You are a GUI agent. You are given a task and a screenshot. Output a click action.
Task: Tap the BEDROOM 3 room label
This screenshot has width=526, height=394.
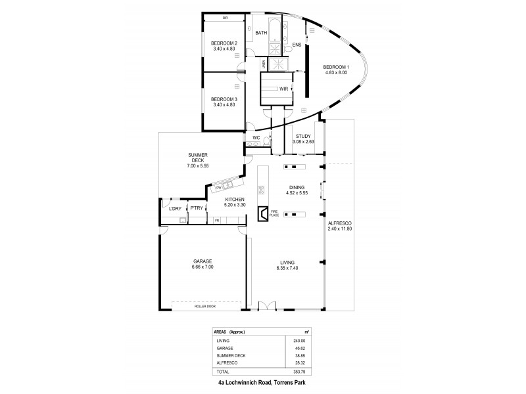click(224, 100)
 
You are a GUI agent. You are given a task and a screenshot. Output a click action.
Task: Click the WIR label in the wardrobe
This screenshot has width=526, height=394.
click(283, 88)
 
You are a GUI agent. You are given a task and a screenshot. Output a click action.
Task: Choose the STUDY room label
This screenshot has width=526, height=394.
click(302, 137)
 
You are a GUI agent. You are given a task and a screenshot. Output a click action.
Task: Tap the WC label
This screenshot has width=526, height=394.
click(257, 138)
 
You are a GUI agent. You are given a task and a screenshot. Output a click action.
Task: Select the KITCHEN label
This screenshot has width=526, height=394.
click(235, 199)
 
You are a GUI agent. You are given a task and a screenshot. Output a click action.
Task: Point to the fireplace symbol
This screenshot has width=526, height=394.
click(262, 213)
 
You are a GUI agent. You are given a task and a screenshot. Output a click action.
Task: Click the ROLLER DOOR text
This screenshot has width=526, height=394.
click(204, 306)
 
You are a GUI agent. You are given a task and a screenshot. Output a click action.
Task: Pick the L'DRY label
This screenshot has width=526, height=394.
click(174, 209)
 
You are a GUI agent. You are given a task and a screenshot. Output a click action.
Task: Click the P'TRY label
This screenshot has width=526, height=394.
click(196, 209)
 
